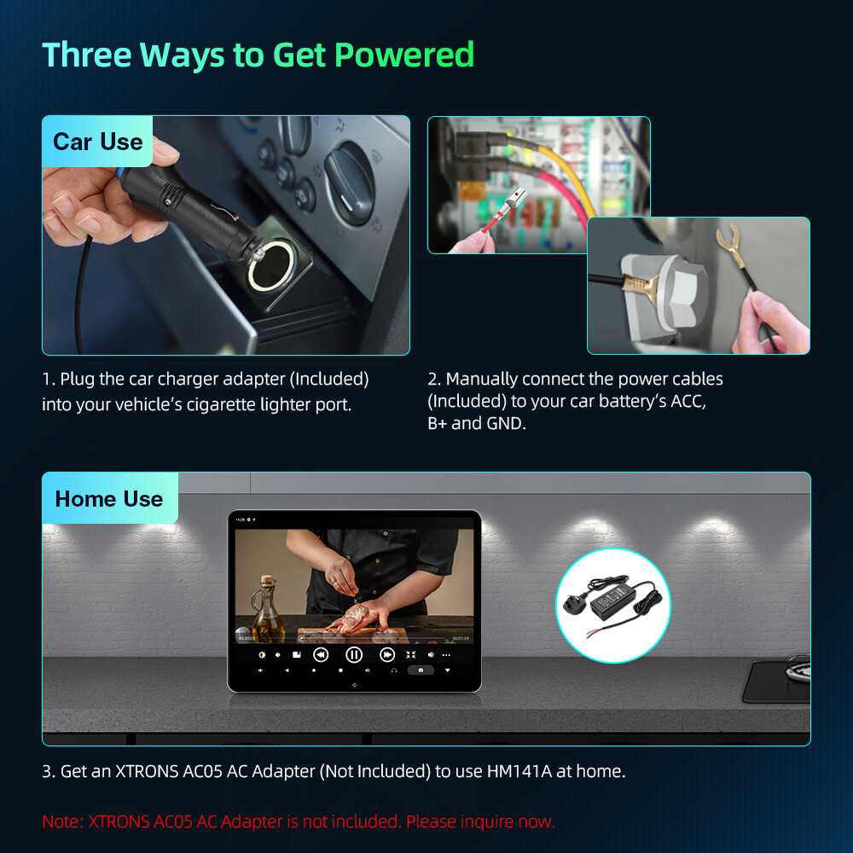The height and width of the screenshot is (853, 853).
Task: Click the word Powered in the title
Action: [404, 55]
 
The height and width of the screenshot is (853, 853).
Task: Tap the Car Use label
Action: [97, 142]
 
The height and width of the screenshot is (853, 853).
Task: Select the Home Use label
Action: [109, 499]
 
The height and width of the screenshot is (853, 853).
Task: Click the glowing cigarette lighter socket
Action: [272, 266]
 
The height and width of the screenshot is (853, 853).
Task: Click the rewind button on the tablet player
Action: [321, 655]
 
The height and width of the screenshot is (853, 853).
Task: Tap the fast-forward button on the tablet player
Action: [386, 655]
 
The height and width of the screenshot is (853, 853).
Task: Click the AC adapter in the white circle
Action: [613, 605]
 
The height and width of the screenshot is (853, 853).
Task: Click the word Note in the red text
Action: [62, 821]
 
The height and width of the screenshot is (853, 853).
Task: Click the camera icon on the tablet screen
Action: [421, 670]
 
